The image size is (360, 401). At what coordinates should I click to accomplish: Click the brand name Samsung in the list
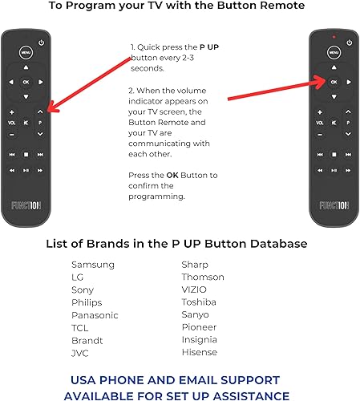(x=93, y=265)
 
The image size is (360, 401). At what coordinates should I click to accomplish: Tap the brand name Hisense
(x=199, y=352)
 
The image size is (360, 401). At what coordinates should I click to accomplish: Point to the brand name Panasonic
(x=95, y=315)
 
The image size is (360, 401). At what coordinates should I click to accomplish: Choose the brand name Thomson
(x=203, y=277)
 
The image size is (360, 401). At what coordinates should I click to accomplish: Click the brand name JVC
(x=81, y=352)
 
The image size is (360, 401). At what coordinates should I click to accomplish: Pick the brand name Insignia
(x=200, y=340)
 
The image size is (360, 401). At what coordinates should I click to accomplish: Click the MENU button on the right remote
(x=334, y=54)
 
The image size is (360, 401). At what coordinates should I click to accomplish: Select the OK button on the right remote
(x=334, y=82)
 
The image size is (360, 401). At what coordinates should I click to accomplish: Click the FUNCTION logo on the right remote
(x=334, y=205)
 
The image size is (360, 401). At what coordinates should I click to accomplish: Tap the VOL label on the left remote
(x=12, y=124)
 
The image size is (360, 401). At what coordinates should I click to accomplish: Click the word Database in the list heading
(x=277, y=243)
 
